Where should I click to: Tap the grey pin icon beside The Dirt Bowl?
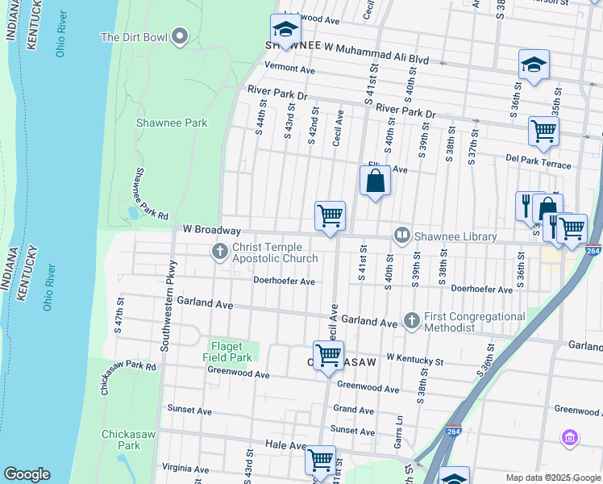click(x=179, y=36)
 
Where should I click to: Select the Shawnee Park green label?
click(x=172, y=123)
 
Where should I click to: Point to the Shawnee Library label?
click(x=455, y=236)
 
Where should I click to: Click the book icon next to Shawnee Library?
click(x=401, y=235)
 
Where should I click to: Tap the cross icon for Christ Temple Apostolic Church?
click(x=219, y=252)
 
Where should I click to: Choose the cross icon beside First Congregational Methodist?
click(x=412, y=321)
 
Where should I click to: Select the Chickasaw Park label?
click(x=121, y=440)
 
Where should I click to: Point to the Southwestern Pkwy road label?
click(x=168, y=307)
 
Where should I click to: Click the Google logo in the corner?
click(x=27, y=474)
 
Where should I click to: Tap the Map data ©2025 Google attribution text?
click(x=553, y=478)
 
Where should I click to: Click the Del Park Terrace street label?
click(x=539, y=165)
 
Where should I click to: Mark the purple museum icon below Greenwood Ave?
click(x=570, y=437)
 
